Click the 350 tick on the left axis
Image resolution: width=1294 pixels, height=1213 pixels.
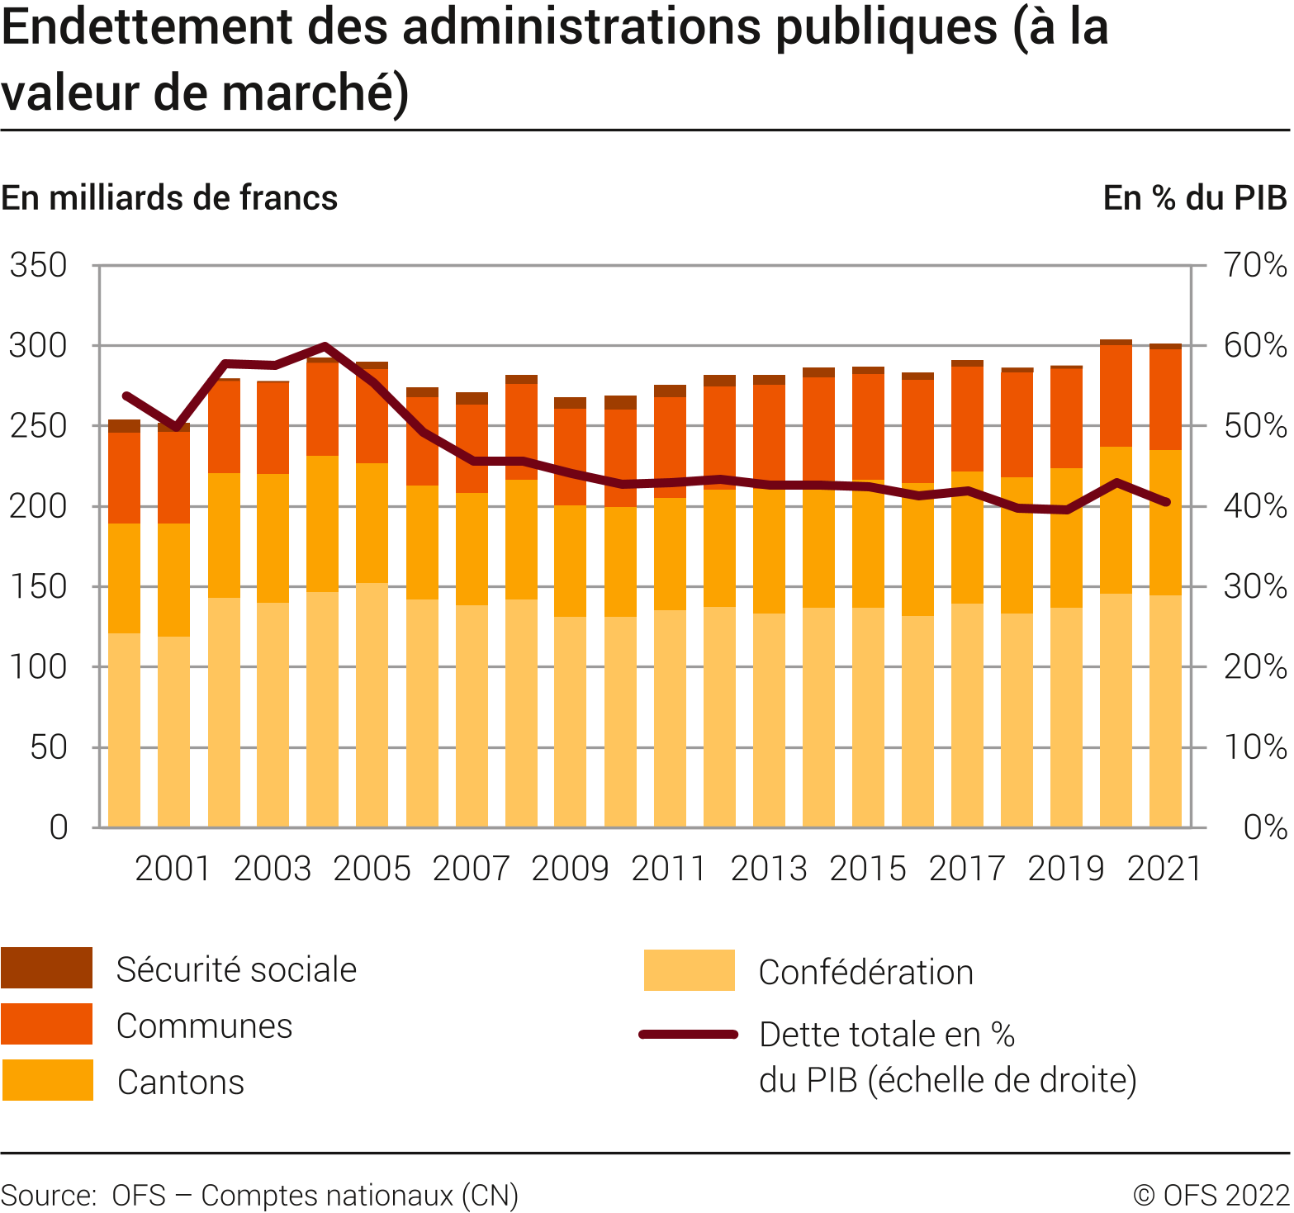[x=38, y=266]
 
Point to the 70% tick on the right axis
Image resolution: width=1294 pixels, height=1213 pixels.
[x=1254, y=266]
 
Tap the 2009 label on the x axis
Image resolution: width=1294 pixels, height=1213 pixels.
[x=570, y=869]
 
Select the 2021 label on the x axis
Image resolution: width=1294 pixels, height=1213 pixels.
[x=1164, y=869]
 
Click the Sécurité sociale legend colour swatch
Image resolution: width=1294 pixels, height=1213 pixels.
[x=46, y=968]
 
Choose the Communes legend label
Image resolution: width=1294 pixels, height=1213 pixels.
[x=204, y=1026]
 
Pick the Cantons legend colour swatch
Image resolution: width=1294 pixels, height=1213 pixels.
[x=47, y=1080]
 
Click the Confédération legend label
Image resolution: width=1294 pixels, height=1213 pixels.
[x=865, y=973]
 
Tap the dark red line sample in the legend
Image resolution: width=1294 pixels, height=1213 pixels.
[x=688, y=1034]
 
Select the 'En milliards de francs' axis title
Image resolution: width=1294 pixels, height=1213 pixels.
[x=169, y=198]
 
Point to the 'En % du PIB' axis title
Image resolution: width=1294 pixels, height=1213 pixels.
[x=1194, y=198]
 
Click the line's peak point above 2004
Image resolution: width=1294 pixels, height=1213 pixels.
[x=325, y=346]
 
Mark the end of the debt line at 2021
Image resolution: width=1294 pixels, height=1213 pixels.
[x=1166, y=502]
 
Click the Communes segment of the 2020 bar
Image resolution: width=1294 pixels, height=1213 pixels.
[x=1116, y=395]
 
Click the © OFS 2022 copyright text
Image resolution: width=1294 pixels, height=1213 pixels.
[x=1211, y=1196]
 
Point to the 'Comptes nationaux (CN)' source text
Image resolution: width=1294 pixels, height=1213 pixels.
[x=359, y=1196]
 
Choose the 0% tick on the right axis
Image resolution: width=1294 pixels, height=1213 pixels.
[x=1264, y=827]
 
